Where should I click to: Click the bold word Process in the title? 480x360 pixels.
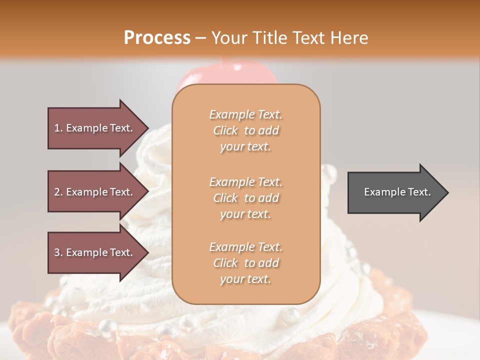(157, 37)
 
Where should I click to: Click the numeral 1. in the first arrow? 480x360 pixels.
(58, 128)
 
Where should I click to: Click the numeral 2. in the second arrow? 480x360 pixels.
(58, 192)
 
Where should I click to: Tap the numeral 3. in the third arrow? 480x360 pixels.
(58, 252)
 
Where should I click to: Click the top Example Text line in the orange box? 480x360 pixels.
(245, 114)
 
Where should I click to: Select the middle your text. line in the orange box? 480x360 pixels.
(245, 214)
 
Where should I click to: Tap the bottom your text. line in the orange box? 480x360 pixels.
(245, 279)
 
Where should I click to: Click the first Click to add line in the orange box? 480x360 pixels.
(245, 130)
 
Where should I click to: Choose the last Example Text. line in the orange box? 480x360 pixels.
(245, 247)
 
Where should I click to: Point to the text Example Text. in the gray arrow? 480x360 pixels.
(397, 192)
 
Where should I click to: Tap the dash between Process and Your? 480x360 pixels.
(201, 38)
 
